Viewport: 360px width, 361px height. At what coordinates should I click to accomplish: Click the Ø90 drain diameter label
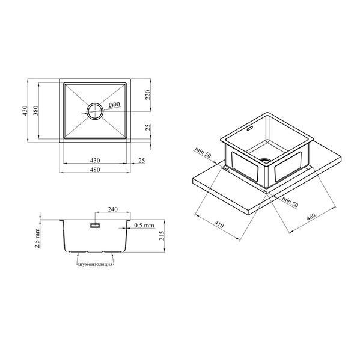tap(114, 105)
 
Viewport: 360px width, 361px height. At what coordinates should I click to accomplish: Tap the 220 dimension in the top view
tap(148, 95)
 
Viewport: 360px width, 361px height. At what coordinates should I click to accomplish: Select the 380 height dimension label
tap(35, 111)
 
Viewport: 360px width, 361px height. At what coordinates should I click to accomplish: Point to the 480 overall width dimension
tap(95, 170)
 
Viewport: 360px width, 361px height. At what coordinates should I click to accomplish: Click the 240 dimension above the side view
tap(113, 209)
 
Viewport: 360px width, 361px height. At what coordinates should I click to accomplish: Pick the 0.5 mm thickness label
tap(144, 226)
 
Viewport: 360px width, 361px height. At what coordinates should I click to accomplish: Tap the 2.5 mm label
tap(37, 238)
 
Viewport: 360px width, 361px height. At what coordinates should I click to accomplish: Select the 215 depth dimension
tap(162, 236)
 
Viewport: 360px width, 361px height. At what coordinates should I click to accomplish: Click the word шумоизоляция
tap(96, 264)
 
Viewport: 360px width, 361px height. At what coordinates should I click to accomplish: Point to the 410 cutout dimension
tap(219, 224)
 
